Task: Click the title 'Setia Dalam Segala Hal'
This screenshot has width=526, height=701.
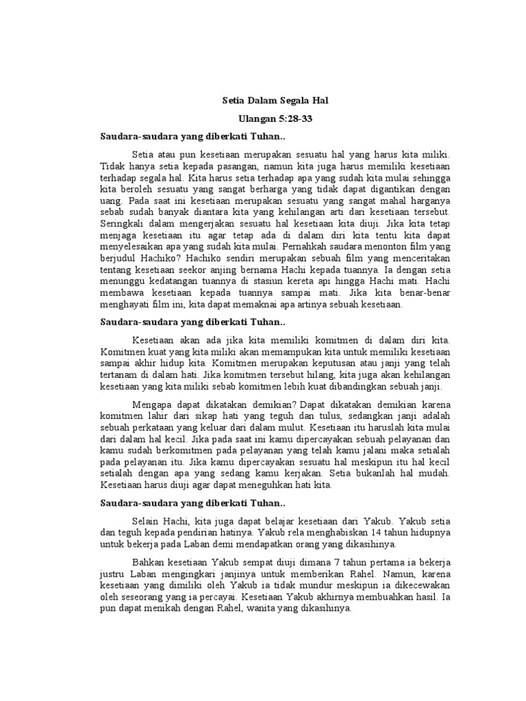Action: pos(275,101)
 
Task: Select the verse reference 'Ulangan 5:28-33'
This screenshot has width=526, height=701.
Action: pos(275,118)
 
